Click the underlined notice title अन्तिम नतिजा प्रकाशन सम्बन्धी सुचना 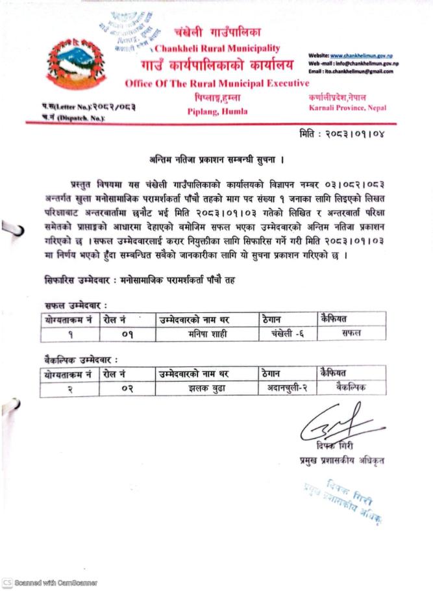pyautogui.click(x=216, y=158)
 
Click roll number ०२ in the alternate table pyautogui.click(x=127, y=388)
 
